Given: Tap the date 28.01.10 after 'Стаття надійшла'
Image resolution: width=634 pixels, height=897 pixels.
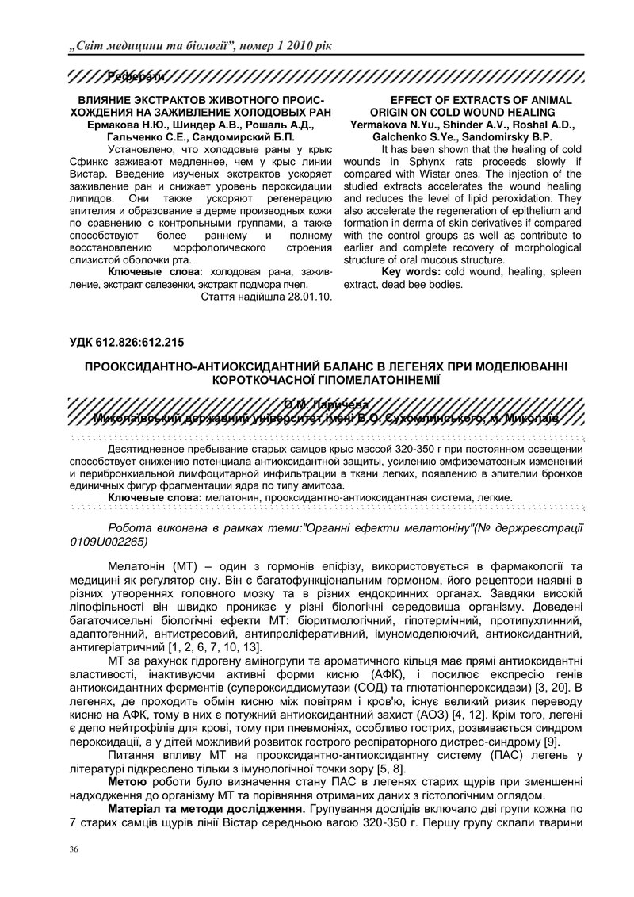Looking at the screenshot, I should coord(307,297).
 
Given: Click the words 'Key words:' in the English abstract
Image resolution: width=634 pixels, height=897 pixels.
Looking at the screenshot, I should coord(411,272).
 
